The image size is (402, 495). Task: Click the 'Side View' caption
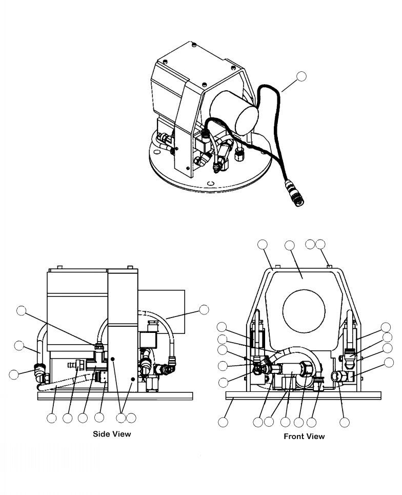tap(111, 433)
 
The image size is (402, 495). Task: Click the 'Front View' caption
tap(304, 437)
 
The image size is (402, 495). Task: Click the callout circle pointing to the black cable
tap(302, 77)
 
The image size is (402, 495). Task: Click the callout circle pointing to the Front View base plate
tap(223, 422)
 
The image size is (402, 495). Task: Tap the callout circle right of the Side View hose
tap(204, 309)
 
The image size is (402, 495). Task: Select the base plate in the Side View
tap(115, 396)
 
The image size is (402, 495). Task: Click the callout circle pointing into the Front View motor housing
tap(289, 246)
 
